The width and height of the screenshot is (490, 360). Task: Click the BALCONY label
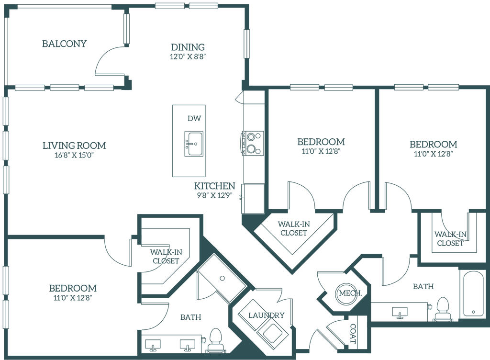tap(65, 44)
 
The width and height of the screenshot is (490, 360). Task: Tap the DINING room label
tap(188, 47)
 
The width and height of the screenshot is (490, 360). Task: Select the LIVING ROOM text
tap(74, 145)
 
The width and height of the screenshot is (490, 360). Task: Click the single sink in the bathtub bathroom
tap(399, 313)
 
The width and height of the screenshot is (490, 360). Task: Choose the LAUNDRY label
tap(267, 315)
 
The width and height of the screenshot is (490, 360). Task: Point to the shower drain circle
tap(222, 277)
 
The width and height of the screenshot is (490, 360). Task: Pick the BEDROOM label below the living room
tap(73, 289)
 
